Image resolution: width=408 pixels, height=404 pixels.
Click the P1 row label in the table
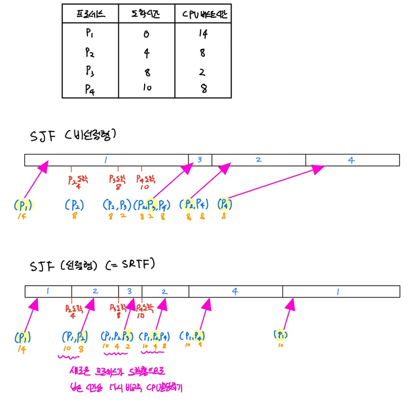pyautogui.click(x=90, y=33)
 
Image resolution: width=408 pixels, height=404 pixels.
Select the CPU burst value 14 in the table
pyautogui.click(x=203, y=33)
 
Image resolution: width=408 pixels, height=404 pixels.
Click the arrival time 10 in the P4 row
pyautogui.click(x=147, y=88)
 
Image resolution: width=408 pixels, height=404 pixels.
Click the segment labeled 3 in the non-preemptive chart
pyautogui.click(x=200, y=160)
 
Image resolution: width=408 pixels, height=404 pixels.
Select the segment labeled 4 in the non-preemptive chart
pyautogui.click(x=352, y=160)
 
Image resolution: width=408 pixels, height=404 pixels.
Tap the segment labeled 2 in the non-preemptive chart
pyautogui.click(x=258, y=160)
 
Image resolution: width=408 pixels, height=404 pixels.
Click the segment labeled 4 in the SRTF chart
pyautogui.click(x=235, y=292)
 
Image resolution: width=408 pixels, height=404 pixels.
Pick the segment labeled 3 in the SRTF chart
pyautogui.click(x=130, y=292)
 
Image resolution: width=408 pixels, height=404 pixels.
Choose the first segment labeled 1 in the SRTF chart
pyautogui.click(x=48, y=292)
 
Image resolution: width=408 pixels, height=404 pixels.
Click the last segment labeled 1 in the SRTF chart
pyautogui.click(x=338, y=292)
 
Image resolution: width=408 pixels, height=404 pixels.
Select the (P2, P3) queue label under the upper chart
pyautogui.click(x=117, y=205)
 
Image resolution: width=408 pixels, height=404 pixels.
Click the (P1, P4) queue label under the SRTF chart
pyautogui.click(x=192, y=336)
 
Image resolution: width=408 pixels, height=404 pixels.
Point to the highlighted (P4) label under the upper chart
pyautogui.click(x=224, y=205)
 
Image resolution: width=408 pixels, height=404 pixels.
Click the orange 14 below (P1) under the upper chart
pyautogui.click(x=22, y=217)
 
